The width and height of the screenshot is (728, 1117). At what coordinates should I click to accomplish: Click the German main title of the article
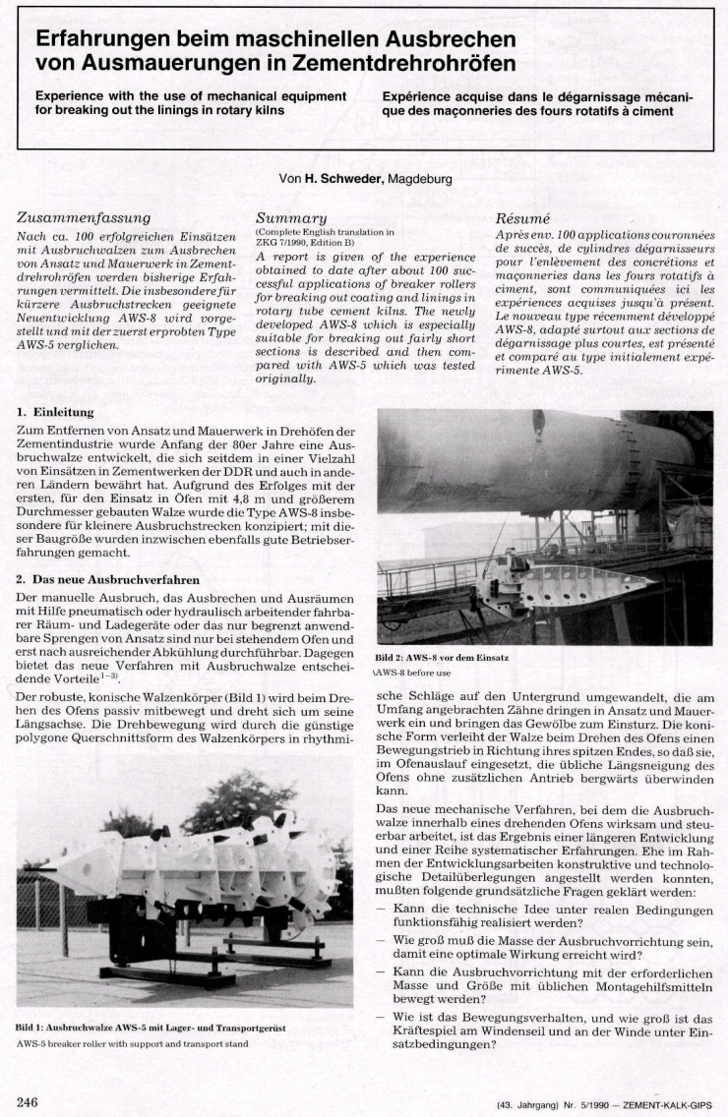point(275,51)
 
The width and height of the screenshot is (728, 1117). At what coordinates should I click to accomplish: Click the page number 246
point(28,1101)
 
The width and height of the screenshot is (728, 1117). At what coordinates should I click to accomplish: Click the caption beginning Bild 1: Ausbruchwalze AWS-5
point(151,1028)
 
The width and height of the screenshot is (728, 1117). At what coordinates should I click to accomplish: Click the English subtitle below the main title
point(191,103)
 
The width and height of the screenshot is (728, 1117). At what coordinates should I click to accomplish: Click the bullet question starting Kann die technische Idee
point(551,917)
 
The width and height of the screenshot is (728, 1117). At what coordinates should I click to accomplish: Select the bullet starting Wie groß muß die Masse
point(551,947)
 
